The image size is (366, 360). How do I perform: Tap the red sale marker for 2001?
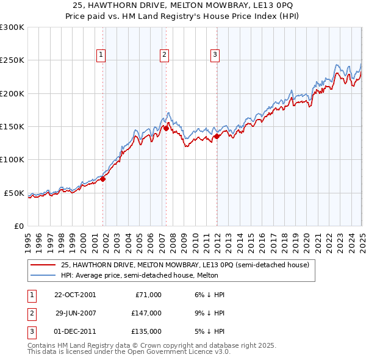(103, 179)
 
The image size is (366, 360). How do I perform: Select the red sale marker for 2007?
(166, 128)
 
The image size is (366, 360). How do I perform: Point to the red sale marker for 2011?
(217, 137)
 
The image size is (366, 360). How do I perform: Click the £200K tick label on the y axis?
(12, 93)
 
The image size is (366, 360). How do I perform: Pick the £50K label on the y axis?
(15, 193)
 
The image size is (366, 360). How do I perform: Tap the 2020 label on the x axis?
(306, 237)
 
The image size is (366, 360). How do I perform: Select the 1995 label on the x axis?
(28, 237)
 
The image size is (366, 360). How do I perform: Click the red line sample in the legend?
(43, 265)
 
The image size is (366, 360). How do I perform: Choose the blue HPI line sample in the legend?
(43, 276)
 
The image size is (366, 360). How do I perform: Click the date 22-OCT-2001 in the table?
(75, 295)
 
